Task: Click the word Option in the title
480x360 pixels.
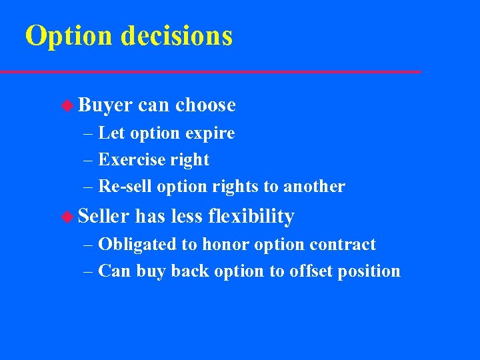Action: (x=69, y=36)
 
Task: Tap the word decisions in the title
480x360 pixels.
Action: (x=177, y=36)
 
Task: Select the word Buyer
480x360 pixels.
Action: (x=105, y=105)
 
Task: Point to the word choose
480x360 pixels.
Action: (x=206, y=105)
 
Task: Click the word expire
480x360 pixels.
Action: (x=210, y=133)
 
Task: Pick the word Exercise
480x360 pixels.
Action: (x=131, y=160)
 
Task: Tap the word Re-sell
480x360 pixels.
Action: (x=125, y=187)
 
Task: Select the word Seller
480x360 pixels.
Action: (x=104, y=217)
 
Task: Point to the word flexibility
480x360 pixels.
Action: (x=251, y=217)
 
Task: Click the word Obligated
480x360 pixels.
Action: (x=137, y=245)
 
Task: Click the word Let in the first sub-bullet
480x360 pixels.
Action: (x=111, y=133)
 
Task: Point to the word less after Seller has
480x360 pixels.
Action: (x=186, y=217)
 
